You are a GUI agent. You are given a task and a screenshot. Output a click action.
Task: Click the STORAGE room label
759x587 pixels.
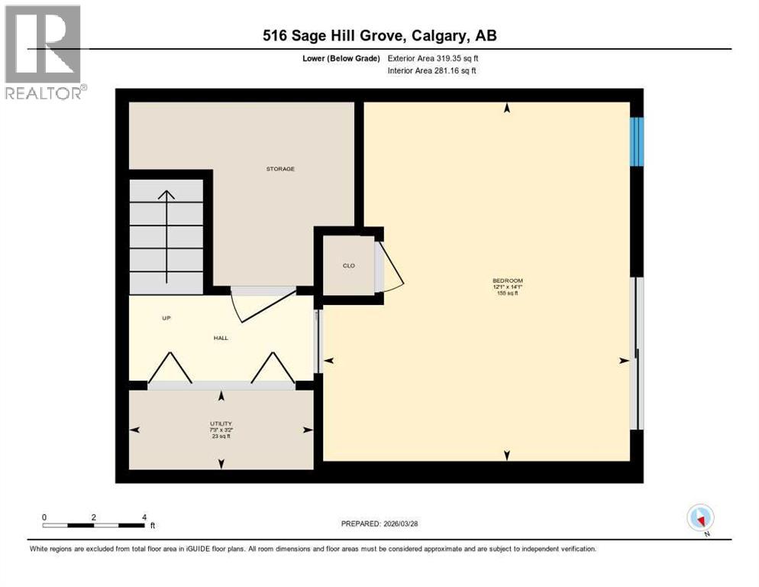click(x=280, y=169)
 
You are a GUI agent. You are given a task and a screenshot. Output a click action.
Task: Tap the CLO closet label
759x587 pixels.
click(x=348, y=266)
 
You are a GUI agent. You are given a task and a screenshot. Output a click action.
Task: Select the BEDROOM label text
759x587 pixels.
click(x=507, y=281)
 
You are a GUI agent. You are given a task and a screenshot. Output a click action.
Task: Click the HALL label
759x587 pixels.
click(x=221, y=338)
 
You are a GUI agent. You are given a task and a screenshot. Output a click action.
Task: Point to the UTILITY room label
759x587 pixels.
click(x=221, y=423)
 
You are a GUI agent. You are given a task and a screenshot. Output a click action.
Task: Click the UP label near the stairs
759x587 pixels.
click(x=165, y=318)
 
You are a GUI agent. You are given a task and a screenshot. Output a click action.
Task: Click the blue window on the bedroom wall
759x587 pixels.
click(x=636, y=141)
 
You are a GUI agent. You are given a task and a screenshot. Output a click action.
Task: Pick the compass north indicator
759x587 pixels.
click(x=700, y=518)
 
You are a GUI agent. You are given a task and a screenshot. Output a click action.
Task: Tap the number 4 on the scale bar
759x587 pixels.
click(x=144, y=517)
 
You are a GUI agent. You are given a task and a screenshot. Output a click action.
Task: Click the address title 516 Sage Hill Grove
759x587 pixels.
click(x=379, y=35)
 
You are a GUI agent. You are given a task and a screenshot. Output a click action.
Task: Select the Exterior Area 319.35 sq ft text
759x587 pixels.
click(x=432, y=58)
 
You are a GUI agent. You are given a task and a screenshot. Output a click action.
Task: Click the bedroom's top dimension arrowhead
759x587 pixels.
click(x=507, y=109)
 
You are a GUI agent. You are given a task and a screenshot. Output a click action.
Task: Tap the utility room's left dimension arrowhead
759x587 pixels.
click(x=136, y=430)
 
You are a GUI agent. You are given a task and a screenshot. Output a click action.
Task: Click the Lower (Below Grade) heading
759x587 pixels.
click(x=341, y=58)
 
